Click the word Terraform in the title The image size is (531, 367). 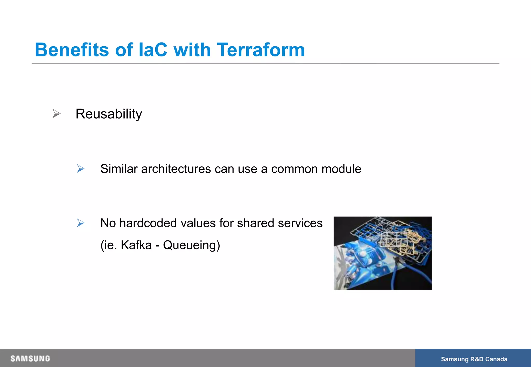click(261, 50)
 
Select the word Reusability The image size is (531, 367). click(109, 114)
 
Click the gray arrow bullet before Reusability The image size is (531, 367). click(56, 114)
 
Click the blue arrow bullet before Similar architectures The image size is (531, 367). click(81, 169)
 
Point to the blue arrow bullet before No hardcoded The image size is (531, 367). click(81, 223)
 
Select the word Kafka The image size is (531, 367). click(136, 245)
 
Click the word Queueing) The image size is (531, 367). click(191, 245)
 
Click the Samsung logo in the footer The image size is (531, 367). click(30, 358)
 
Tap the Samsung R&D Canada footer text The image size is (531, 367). click(474, 359)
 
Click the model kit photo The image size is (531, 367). click(383, 253)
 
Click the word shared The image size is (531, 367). click(255, 223)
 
